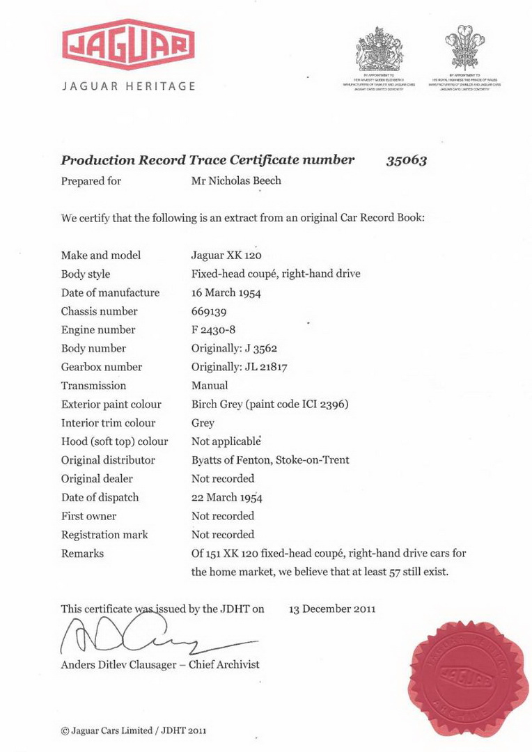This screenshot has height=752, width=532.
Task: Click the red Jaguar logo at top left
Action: pyautogui.click(x=128, y=45)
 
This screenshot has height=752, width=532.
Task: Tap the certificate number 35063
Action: pyautogui.click(x=406, y=160)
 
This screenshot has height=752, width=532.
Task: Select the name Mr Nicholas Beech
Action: pyautogui.click(x=235, y=181)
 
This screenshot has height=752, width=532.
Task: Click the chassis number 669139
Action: pyautogui.click(x=209, y=311)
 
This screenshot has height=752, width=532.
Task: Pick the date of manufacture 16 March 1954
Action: pyautogui.click(x=226, y=293)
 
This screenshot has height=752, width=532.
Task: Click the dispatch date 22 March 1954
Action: pyautogui.click(x=227, y=498)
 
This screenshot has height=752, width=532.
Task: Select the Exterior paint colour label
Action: pyautogui.click(x=111, y=405)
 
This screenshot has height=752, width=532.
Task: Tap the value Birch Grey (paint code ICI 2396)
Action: pyautogui.click(x=269, y=405)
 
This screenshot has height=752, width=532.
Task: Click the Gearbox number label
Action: pyautogui.click(x=101, y=367)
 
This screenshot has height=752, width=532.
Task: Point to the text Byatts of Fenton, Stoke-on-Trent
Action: pyautogui.click(x=270, y=460)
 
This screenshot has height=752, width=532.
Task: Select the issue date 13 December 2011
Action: pyautogui.click(x=332, y=609)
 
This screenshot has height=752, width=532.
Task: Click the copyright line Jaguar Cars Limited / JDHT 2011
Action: pyautogui.click(x=133, y=731)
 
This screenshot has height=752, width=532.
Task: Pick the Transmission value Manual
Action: pyautogui.click(x=210, y=386)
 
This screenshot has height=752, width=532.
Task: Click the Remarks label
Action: pyautogui.click(x=82, y=554)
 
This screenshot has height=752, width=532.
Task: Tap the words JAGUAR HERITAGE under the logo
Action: pyautogui.click(x=129, y=86)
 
